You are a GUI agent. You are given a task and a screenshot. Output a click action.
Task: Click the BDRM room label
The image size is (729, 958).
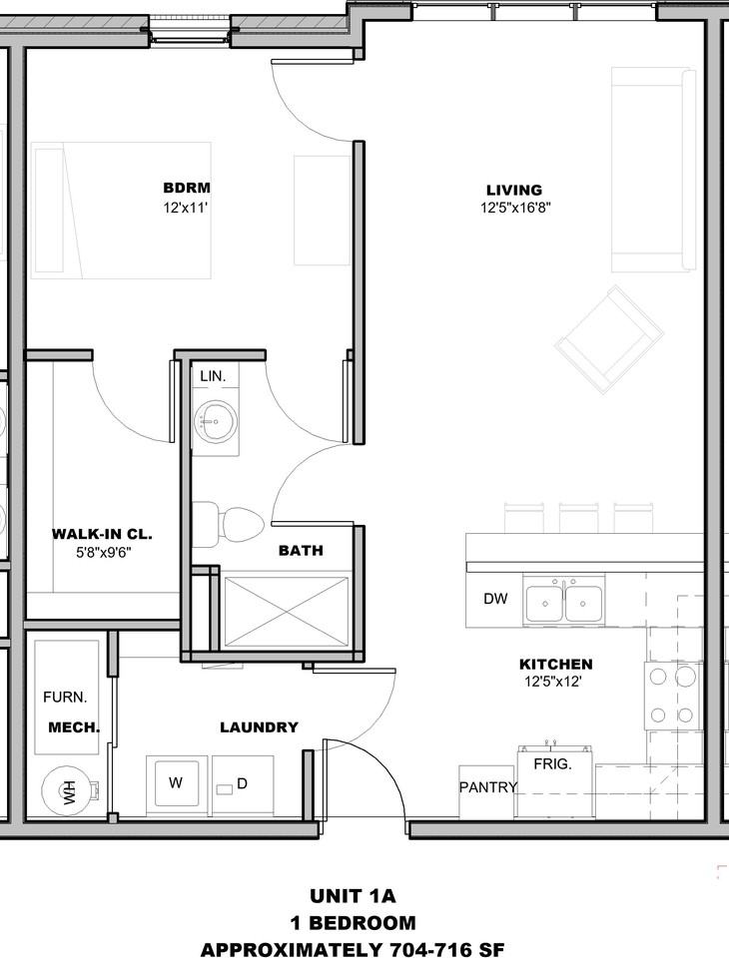click(187, 188)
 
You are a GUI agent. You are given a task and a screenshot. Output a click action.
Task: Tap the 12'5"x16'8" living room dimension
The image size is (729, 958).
click(515, 208)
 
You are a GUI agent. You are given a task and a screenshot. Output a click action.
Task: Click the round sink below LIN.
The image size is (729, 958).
click(216, 421)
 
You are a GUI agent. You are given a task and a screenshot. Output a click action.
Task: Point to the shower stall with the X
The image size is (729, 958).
click(286, 611)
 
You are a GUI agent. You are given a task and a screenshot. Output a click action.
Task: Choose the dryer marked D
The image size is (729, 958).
click(243, 784)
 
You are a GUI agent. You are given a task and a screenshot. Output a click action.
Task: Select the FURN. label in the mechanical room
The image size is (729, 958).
click(65, 697)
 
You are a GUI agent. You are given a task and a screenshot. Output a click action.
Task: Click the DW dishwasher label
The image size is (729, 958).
click(495, 599)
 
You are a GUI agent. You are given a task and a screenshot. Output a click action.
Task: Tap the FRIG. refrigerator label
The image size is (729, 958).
click(552, 763)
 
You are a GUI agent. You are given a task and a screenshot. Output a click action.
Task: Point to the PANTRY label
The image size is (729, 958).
click(488, 787)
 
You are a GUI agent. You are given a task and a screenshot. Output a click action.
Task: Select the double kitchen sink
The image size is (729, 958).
click(564, 603)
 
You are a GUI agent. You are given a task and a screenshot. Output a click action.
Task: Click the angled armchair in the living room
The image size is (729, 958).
click(609, 339)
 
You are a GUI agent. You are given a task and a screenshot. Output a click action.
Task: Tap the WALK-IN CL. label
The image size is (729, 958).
click(102, 534)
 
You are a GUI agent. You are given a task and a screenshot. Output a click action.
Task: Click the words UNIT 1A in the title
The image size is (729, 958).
click(353, 896)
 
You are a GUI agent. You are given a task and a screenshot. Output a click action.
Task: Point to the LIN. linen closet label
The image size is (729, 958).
click(213, 376)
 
